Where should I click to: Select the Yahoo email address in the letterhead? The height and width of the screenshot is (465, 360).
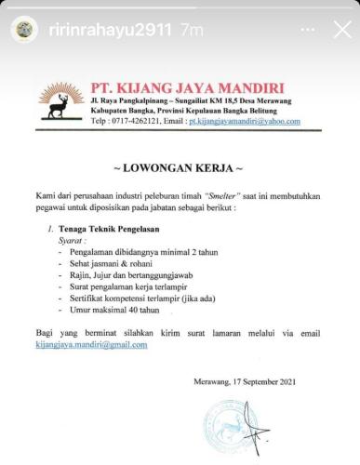pyautogui.click(x=244, y=121)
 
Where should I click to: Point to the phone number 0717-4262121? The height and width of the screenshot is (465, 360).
pyautogui.click(x=143, y=121)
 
